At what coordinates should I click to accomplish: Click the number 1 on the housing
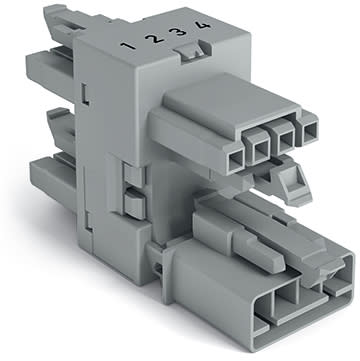click(x=127, y=46)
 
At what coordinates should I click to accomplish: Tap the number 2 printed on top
click(x=149, y=41)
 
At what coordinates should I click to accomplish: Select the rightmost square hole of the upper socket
click(x=310, y=128)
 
